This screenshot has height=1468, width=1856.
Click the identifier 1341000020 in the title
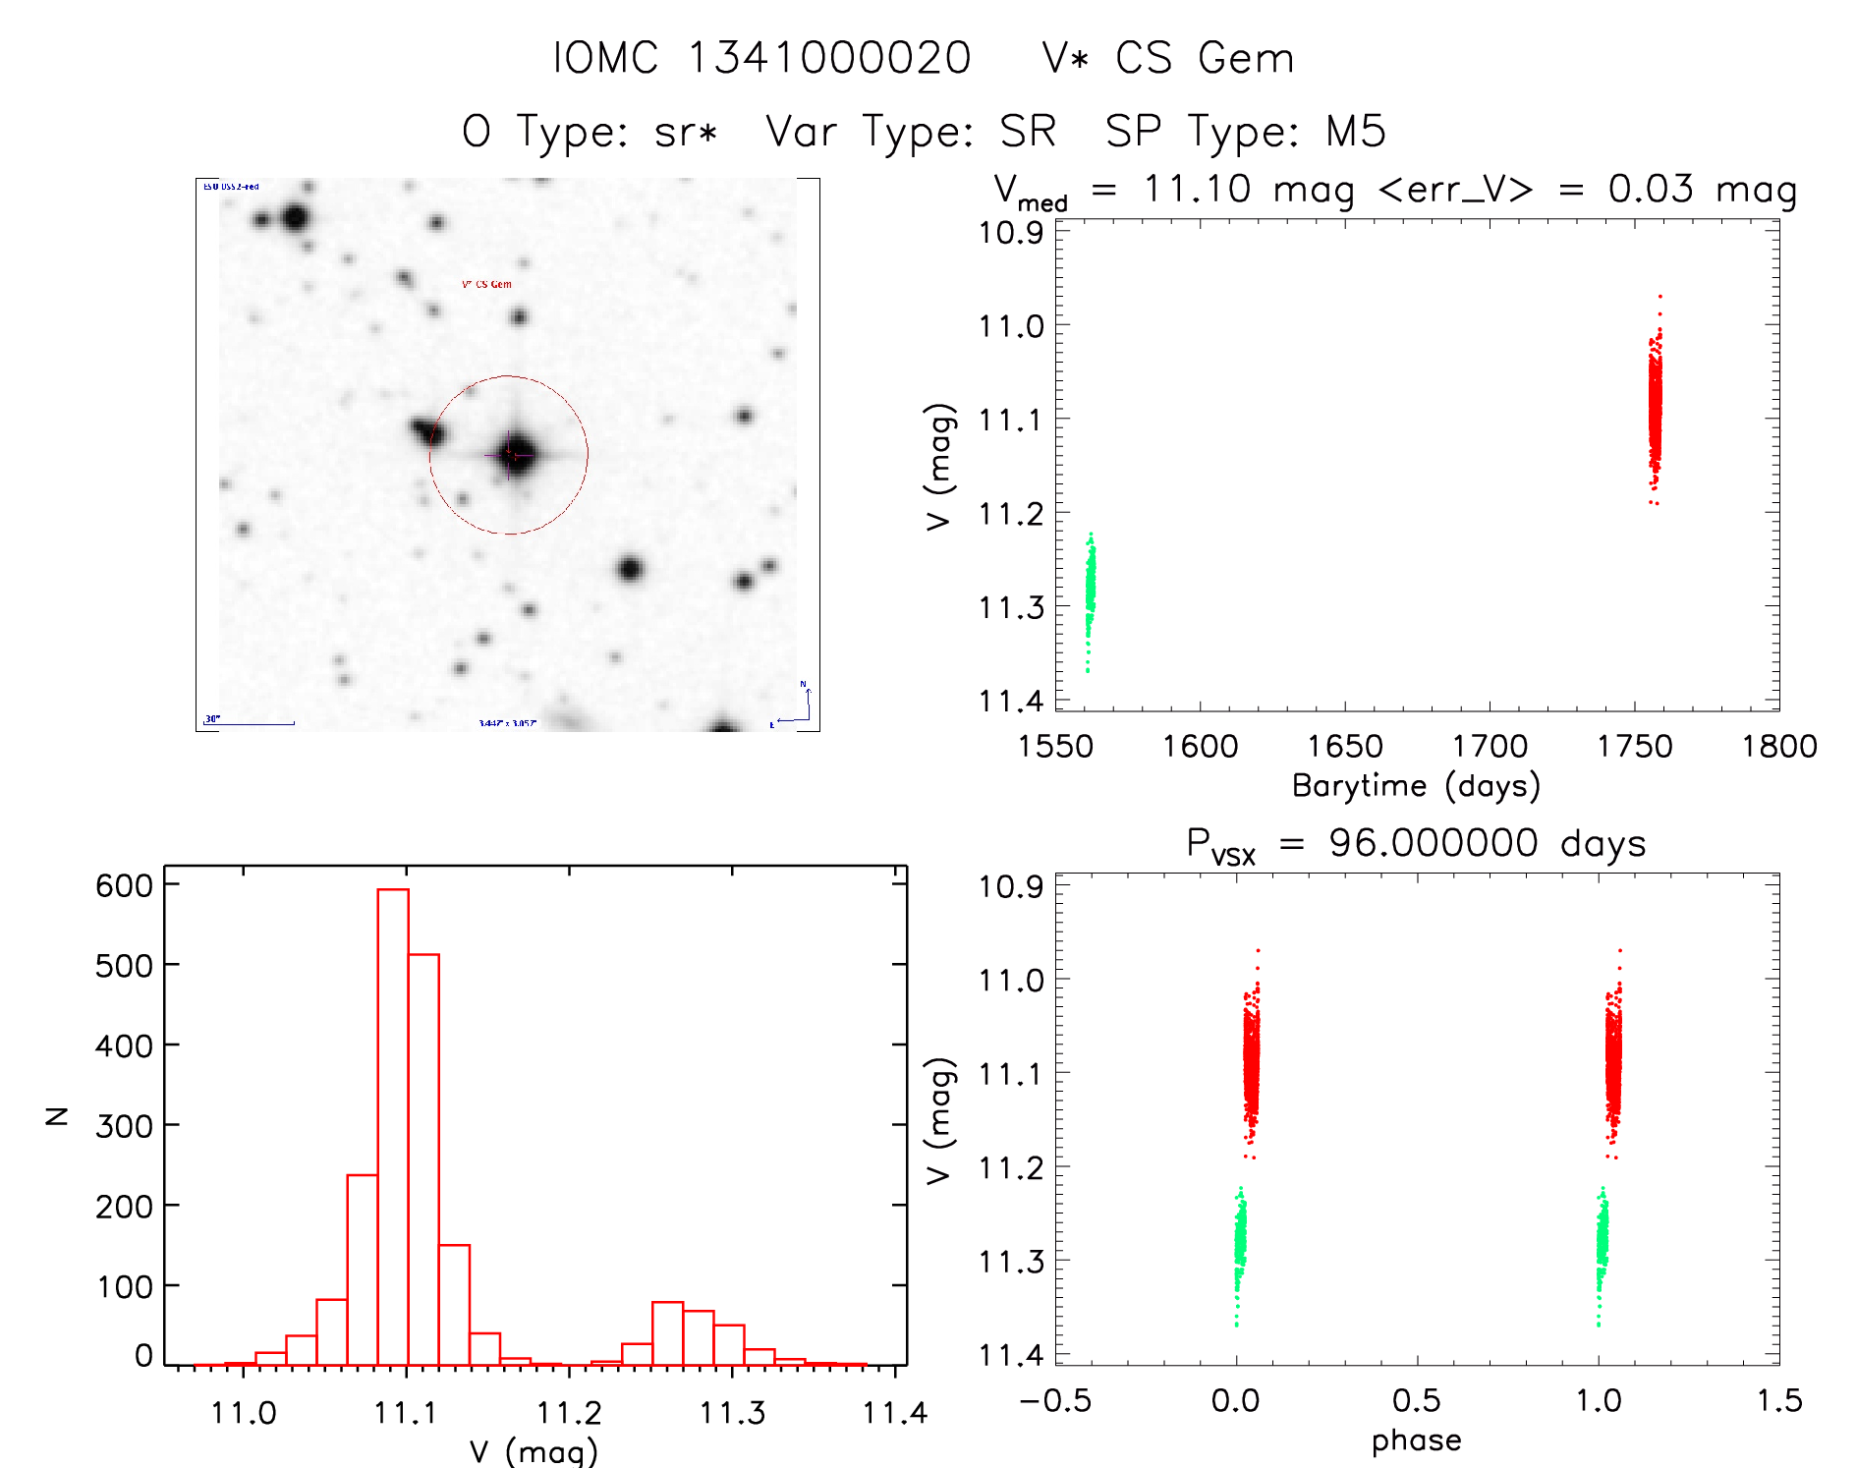click(x=829, y=58)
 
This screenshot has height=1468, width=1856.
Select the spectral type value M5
click(x=1355, y=132)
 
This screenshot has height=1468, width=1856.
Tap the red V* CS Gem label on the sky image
click(x=486, y=285)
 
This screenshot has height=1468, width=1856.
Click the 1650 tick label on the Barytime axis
click(x=1344, y=747)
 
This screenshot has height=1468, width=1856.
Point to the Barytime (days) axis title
click(x=1416, y=786)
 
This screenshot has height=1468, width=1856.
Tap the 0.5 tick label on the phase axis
click(x=1416, y=1400)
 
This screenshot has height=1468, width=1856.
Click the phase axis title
click(x=1416, y=1440)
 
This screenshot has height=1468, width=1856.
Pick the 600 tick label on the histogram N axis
click(x=124, y=885)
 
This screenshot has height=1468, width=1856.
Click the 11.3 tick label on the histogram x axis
click(x=731, y=1413)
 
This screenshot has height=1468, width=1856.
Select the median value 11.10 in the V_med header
click(x=1197, y=189)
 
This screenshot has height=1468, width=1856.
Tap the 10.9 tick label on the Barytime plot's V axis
click(x=1010, y=233)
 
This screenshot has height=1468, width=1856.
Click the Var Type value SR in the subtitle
click(x=1028, y=132)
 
